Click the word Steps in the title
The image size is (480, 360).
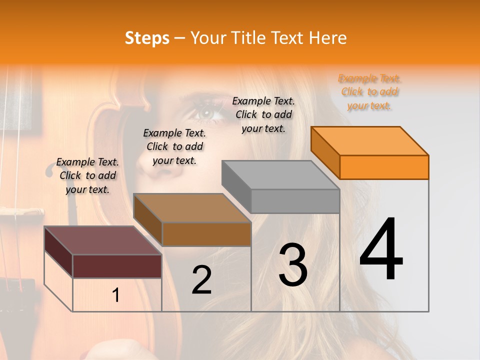147,38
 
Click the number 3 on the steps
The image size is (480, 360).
293,264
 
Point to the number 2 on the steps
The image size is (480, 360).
201,279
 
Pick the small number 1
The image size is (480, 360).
116,295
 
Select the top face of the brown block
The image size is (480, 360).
192,208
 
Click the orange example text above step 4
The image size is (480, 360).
369,92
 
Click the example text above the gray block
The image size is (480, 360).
263,114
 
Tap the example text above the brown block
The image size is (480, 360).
174,146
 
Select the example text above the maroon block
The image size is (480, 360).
87,175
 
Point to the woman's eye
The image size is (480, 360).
206,113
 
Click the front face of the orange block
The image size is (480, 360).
384,167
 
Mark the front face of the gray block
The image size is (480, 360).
295,201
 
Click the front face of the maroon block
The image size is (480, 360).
117,266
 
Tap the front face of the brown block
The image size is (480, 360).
206,234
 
